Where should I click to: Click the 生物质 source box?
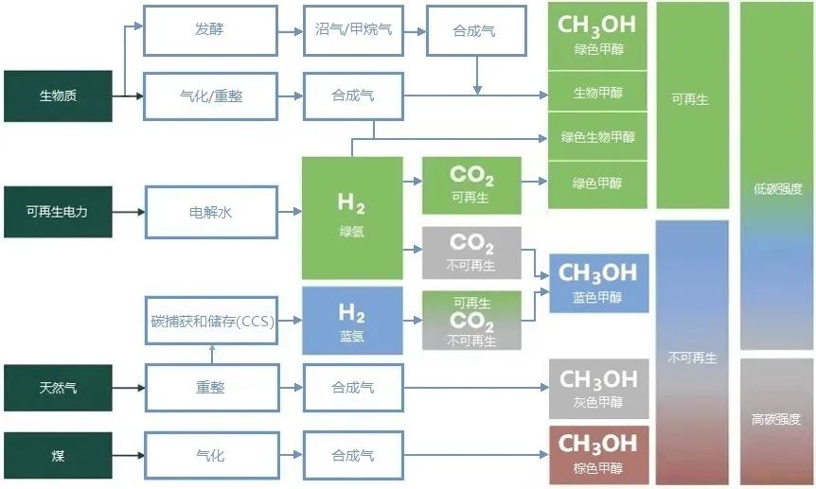tap(58, 96)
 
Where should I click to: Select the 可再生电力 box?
tap(58, 212)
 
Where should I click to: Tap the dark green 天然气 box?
tap(58, 388)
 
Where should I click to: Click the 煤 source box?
tap(58, 455)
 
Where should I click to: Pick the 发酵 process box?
tap(210, 30)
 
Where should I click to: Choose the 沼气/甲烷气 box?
tap(353, 30)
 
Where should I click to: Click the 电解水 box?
tap(211, 212)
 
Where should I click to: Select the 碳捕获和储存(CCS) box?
tap(211, 321)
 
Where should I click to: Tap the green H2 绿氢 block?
tap(352, 218)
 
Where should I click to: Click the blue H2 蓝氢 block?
tap(352, 321)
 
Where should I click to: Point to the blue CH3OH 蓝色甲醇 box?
tap(598, 284)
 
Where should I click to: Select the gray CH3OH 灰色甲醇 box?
tap(598, 389)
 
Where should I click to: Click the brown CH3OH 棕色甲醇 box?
tap(598, 455)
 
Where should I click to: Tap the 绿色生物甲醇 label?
tap(598, 137)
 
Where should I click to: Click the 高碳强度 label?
tap(776, 419)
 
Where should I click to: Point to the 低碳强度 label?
tap(777, 189)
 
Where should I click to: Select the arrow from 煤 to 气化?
tap(128, 455)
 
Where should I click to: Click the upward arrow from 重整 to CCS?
tap(212, 354)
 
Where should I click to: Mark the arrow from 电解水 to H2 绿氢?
tap(290, 212)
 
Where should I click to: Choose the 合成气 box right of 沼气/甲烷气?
tap(476, 30)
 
